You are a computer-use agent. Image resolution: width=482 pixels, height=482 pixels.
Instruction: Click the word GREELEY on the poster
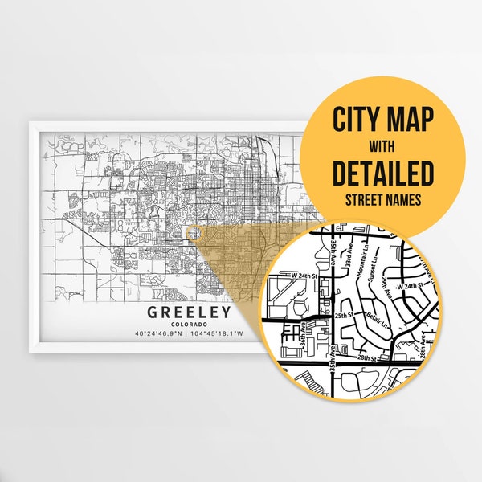[x=190, y=312]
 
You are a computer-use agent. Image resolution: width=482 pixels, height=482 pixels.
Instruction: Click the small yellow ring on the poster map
[x=190, y=233]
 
